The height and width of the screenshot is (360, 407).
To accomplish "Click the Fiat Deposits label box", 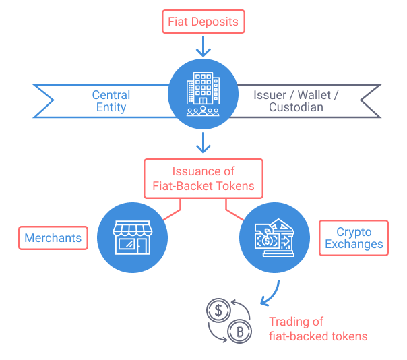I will point(203,22).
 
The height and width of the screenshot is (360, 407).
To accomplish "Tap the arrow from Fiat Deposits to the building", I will point(203,46).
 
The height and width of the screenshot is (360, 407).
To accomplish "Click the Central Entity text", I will point(111,101).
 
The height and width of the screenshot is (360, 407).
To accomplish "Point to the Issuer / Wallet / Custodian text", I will point(296,101).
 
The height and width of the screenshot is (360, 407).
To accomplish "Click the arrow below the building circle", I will point(203,142).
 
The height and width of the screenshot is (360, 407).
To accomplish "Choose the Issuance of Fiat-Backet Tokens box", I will point(203,179).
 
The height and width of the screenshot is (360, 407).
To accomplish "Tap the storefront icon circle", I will point(133,238).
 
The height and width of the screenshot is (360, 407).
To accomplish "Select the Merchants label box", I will point(53,237).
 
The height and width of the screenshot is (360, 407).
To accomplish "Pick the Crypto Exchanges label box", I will point(354,237).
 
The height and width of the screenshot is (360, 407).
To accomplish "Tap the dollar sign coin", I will point(218,311).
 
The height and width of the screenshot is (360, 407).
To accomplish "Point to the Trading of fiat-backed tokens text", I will point(318,328).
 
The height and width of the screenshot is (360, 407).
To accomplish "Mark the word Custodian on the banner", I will point(296,107).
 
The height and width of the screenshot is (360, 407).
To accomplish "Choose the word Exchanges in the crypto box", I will point(354,244).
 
